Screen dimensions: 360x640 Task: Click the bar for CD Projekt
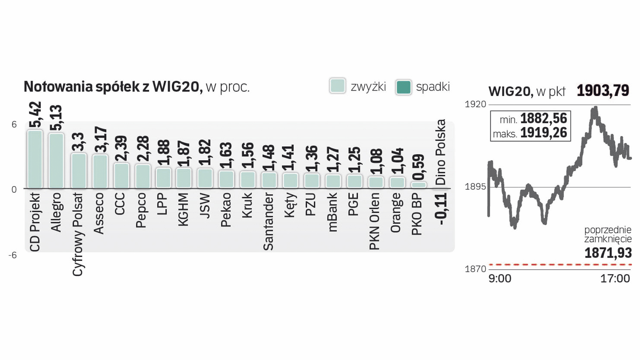tap(35, 159)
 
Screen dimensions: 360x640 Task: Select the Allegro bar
tap(56, 161)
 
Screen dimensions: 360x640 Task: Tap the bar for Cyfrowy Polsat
tap(79, 171)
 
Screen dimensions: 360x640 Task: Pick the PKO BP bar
tap(419, 185)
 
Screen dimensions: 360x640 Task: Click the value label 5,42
tap(35, 114)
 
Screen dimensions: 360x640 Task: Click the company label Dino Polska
tap(440, 152)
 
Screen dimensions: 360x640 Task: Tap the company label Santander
tap(268, 221)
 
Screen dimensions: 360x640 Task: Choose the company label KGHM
tap(183, 209)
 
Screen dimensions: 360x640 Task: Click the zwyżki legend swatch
tap(337, 86)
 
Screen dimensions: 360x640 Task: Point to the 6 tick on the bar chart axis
tap(14, 125)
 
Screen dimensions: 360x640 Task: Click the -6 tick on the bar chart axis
tap(13, 255)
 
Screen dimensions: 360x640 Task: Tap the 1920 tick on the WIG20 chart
tap(475, 104)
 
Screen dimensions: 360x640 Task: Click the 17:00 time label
tap(615, 278)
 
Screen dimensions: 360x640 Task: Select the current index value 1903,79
tap(603, 90)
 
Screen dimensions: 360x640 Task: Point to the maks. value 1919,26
tap(543, 133)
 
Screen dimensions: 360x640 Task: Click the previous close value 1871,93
tap(608, 253)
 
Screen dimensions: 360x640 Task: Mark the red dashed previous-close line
tap(560, 265)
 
